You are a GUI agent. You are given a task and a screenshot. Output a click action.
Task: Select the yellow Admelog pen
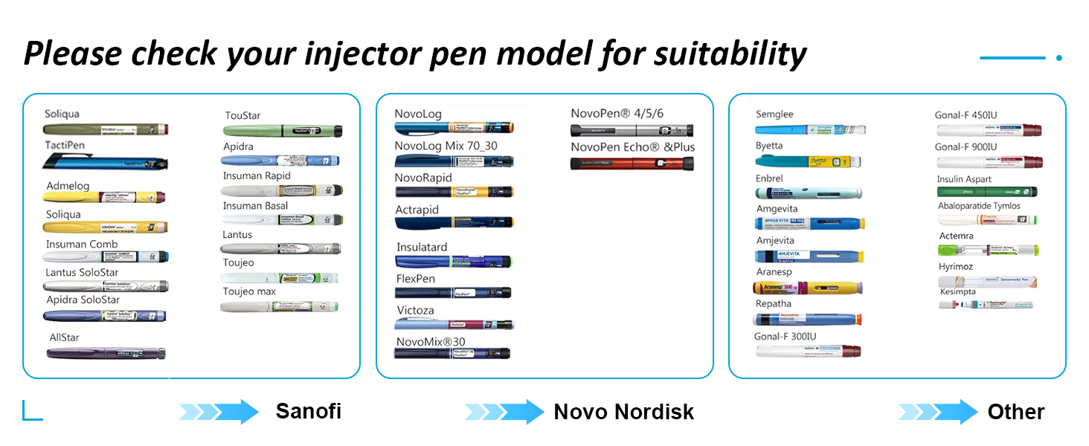click(x=104, y=198)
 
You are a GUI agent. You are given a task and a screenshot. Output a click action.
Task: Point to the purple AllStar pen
click(x=106, y=353)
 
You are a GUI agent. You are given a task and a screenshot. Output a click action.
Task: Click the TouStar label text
click(x=243, y=116)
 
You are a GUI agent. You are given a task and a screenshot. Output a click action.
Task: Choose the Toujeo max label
click(x=249, y=291)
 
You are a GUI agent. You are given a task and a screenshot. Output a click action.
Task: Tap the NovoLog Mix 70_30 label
click(x=446, y=146)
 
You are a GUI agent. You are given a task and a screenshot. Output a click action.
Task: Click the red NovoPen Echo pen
click(x=632, y=163)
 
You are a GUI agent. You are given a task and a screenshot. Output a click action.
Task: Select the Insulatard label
click(x=421, y=247)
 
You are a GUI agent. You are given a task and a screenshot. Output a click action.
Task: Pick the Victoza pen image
click(x=454, y=324)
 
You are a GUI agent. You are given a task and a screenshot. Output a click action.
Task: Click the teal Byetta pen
click(x=808, y=161)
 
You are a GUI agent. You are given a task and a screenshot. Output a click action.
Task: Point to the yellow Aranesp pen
click(x=809, y=288)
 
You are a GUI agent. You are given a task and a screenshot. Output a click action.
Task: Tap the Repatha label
click(x=774, y=304)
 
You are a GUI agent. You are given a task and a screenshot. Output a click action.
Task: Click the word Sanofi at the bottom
click(x=308, y=411)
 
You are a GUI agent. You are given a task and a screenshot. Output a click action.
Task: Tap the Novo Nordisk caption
click(x=623, y=412)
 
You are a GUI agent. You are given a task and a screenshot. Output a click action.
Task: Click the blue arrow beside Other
click(x=938, y=412)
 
